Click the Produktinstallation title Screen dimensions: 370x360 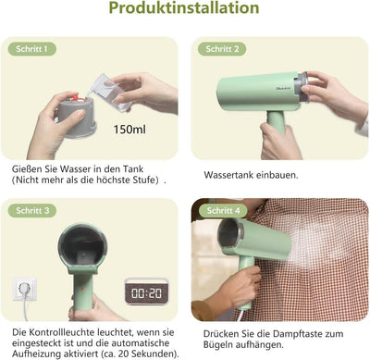[184, 8]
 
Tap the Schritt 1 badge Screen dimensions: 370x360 [32, 49]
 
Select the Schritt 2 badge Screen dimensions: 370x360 [222, 49]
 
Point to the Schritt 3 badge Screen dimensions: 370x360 [32, 211]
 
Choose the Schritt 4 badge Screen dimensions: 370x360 [223, 211]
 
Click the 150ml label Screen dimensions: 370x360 [129, 129]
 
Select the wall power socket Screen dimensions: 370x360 [25, 289]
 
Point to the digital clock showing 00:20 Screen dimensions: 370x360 [146, 292]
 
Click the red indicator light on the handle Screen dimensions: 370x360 [82, 289]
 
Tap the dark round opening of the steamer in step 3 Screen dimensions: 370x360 [82, 246]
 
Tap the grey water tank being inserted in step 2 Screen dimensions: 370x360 [302, 86]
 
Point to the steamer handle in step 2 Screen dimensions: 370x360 [277, 121]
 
